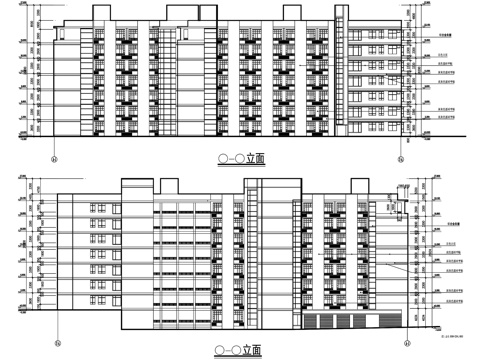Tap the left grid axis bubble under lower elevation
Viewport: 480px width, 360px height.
[57, 345]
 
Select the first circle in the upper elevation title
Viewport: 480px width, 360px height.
[221, 158]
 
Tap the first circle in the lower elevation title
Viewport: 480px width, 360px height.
[221, 351]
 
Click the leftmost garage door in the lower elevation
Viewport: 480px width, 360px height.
[308, 320]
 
